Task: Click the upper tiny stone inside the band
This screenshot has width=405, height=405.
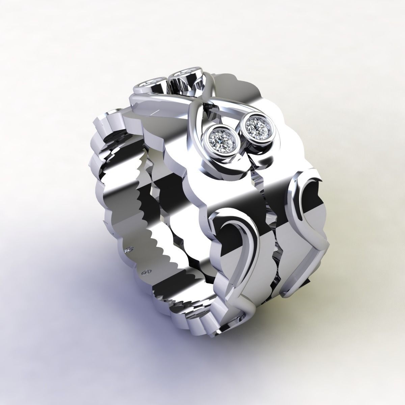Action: point(128,250)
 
